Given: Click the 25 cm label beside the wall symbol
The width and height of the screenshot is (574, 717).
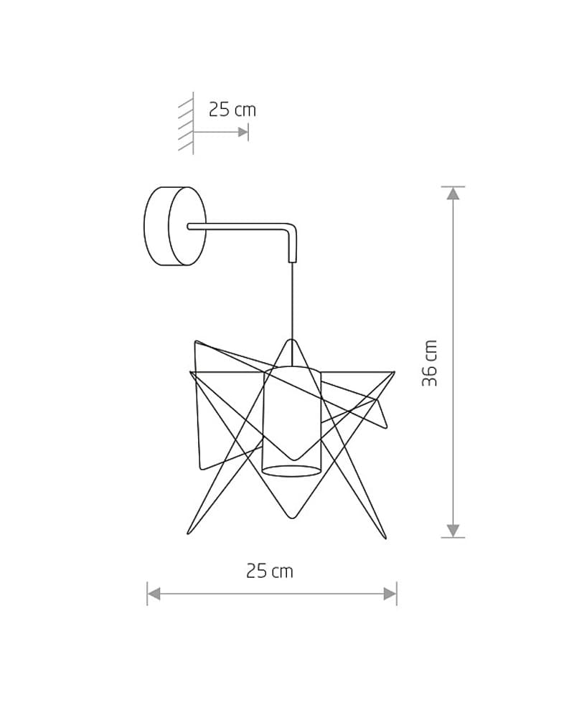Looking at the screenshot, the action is (232, 110).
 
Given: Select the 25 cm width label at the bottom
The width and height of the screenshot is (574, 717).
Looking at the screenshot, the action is (270, 571).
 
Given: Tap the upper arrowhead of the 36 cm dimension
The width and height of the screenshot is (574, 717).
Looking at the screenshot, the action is (453, 193).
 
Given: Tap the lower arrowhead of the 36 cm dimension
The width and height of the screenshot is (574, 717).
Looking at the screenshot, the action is (453, 531).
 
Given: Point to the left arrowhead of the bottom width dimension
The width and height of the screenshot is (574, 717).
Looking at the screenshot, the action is (154, 594).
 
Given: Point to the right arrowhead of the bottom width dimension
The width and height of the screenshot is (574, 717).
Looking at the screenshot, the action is (390, 594).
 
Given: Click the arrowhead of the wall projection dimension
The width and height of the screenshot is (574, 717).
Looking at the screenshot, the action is (243, 132).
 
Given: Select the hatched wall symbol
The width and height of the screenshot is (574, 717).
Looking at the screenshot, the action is (187, 123).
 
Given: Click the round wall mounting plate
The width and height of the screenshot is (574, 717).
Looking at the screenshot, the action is (175, 226).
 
